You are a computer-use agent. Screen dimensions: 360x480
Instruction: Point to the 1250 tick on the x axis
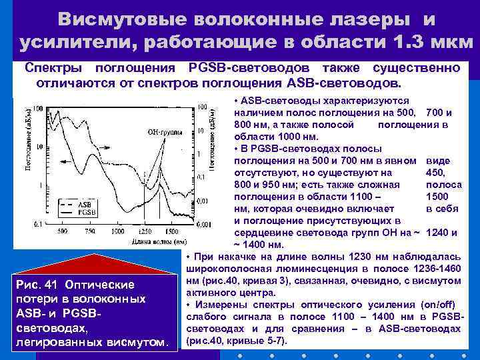(146, 231)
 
